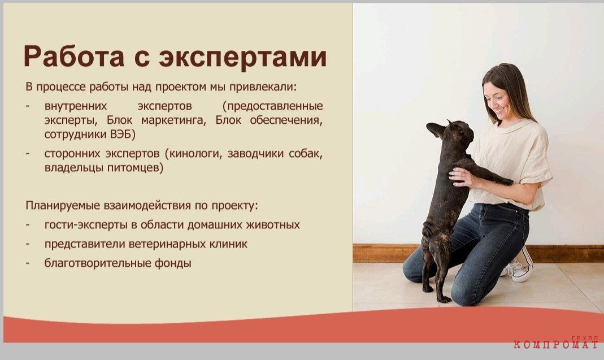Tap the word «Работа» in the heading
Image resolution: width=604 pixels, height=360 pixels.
tap(74, 57)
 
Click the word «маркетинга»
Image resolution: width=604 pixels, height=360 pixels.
tap(173, 120)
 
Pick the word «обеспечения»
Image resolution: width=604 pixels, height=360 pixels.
tap(286, 120)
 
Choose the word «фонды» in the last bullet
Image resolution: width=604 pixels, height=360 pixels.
tap(173, 263)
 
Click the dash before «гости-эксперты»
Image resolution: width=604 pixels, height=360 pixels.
tap(28, 225)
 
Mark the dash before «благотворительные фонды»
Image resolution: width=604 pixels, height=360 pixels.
tap(28, 263)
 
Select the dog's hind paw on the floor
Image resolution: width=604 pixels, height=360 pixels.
tap(444, 299)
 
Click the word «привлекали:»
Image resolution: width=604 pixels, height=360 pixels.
tap(263, 87)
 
